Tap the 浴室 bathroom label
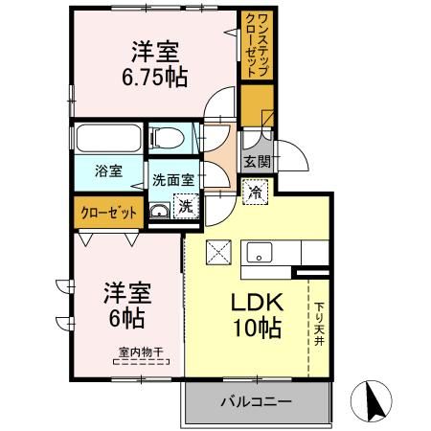[x=107, y=172]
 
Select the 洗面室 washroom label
[x=172, y=178]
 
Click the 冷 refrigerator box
[x=256, y=192]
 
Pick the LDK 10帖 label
[x=256, y=313]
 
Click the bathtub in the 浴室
[x=109, y=143]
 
